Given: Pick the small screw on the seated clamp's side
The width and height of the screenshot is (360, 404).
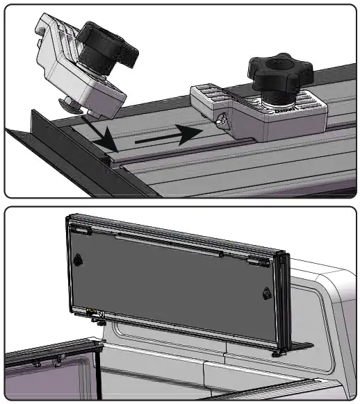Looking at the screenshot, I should tap(222, 121).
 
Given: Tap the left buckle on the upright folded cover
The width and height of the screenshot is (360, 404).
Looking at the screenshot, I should tap(78, 259).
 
